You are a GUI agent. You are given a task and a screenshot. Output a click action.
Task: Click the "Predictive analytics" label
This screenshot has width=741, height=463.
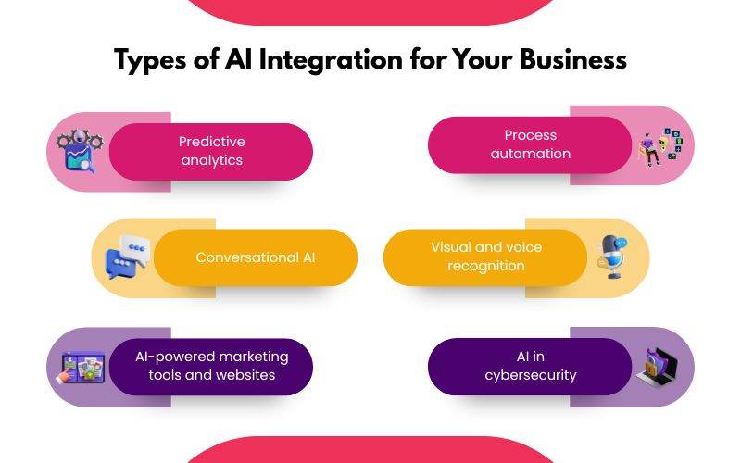click(211, 151)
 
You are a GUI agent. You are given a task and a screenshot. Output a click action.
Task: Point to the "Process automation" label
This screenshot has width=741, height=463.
click(530, 144)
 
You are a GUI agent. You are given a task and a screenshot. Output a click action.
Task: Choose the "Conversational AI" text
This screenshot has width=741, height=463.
click(255, 257)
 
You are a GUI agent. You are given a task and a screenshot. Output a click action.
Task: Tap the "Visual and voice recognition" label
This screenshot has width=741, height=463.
click(485, 257)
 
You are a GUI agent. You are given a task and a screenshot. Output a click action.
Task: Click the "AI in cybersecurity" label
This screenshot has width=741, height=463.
click(530, 366)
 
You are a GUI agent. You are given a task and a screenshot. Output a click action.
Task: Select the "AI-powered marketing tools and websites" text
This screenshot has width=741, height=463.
click(211, 366)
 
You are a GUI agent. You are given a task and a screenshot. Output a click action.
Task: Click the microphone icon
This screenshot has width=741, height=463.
click(612, 256)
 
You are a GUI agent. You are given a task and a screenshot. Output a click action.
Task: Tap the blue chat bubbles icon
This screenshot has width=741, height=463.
click(127, 257)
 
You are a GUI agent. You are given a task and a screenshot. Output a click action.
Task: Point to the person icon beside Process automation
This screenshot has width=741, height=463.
click(660, 147)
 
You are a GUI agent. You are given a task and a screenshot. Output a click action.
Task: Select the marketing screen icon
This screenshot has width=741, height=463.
click(82, 367)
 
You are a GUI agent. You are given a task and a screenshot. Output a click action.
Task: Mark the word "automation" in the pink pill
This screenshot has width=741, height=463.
click(530, 154)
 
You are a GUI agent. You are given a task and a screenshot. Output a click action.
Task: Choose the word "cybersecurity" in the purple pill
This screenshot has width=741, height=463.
click(530, 375)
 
